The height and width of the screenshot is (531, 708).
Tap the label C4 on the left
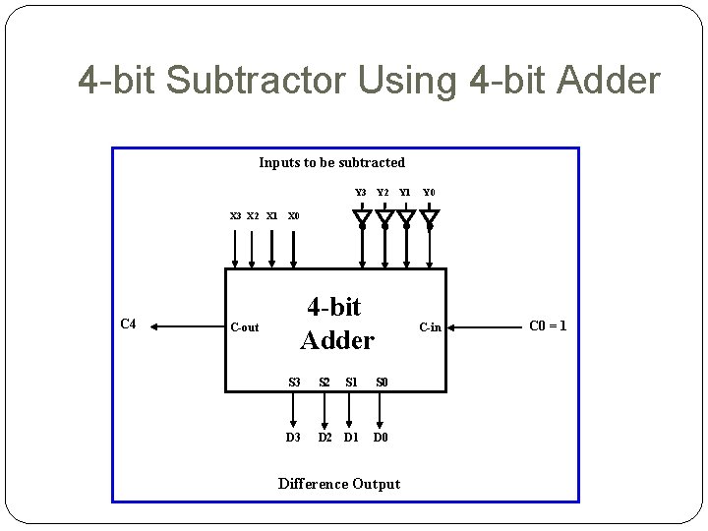point(128,324)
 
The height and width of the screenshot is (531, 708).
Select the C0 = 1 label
point(548,325)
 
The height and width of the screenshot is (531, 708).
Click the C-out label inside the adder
point(244,327)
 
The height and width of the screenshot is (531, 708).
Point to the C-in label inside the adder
point(430,327)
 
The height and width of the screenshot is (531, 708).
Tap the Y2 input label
point(383,193)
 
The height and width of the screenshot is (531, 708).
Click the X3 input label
point(235,215)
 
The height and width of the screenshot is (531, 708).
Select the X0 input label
point(293,215)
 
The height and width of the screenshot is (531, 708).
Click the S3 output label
point(294,382)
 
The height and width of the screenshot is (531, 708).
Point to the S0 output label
point(382,382)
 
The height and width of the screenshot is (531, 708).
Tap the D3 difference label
point(293,438)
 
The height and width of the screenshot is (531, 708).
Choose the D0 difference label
point(381,438)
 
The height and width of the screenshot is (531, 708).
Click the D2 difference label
point(325,438)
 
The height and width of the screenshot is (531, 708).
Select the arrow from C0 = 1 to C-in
point(487,326)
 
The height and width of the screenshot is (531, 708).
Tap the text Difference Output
point(339,484)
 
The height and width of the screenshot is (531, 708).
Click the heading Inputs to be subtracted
point(331,162)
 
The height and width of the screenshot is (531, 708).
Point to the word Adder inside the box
point(337,341)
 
